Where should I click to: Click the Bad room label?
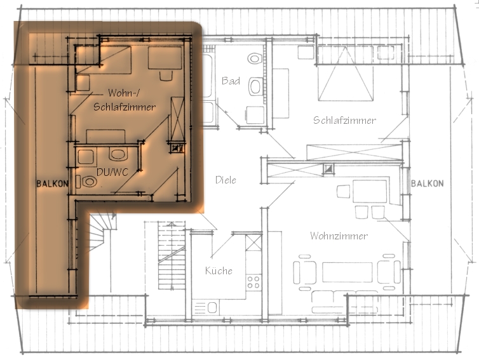[231, 81]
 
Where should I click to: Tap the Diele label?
[226, 180]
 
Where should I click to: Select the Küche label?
[219, 270]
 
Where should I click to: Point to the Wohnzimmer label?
[339, 236]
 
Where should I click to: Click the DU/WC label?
[112, 172]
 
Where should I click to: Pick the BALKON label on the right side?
[427, 183]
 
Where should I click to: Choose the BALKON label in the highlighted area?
[52, 183]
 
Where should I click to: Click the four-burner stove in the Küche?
[253, 281]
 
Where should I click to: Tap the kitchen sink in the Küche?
[206, 307]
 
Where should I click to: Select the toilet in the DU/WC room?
[88, 182]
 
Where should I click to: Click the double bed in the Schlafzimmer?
[346, 73]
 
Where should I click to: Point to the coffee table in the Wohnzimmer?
[347, 272]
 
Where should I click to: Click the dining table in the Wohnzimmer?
[370, 192]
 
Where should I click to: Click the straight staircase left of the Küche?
[172, 256]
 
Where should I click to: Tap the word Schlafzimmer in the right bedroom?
[344, 120]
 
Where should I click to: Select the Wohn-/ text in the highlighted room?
[124, 93]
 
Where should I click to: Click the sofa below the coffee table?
[345, 302]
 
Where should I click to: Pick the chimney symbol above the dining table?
[329, 169]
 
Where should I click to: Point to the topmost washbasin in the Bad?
[255, 58]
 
